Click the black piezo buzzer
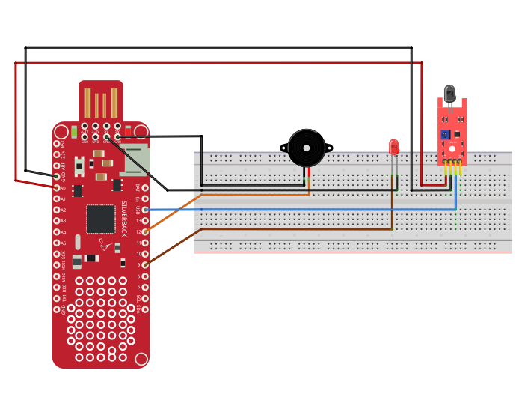click(307, 149)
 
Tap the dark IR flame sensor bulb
click(449, 94)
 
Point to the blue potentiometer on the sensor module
click(445, 135)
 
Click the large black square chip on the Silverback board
click(101, 219)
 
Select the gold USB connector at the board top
click(101, 103)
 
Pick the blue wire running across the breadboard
click(299, 210)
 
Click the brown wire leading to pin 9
click(179, 246)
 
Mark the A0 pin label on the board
click(63, 188)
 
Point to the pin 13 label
click(138, 221)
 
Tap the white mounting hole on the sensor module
click(452, 119)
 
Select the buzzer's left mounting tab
click(284, 148)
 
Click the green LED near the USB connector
click(74, 133)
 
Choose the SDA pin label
click(138, 309)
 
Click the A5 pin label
click(63, 243)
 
